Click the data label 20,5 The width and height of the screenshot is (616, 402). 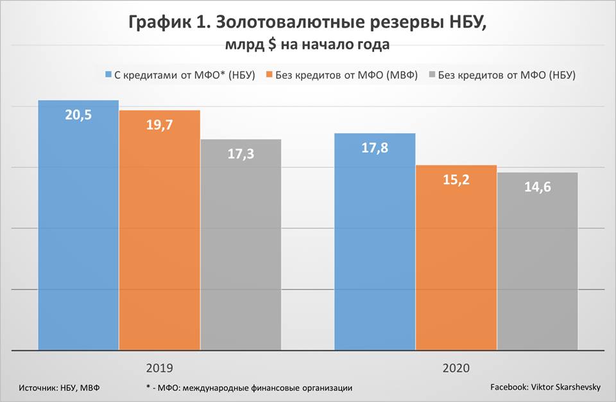click(x=78, y=116)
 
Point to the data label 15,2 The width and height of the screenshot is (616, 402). click(x=456, y=180)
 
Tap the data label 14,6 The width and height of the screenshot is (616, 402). click(x=537, y=188)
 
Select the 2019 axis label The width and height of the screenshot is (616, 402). click(x=159, y=369)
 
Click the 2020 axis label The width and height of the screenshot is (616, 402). click(x=456, y=369)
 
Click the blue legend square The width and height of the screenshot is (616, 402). click(x=108, y=75)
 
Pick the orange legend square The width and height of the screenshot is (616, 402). click(x=269, y=75)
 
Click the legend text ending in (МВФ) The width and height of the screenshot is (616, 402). click(x=346, y=75)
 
